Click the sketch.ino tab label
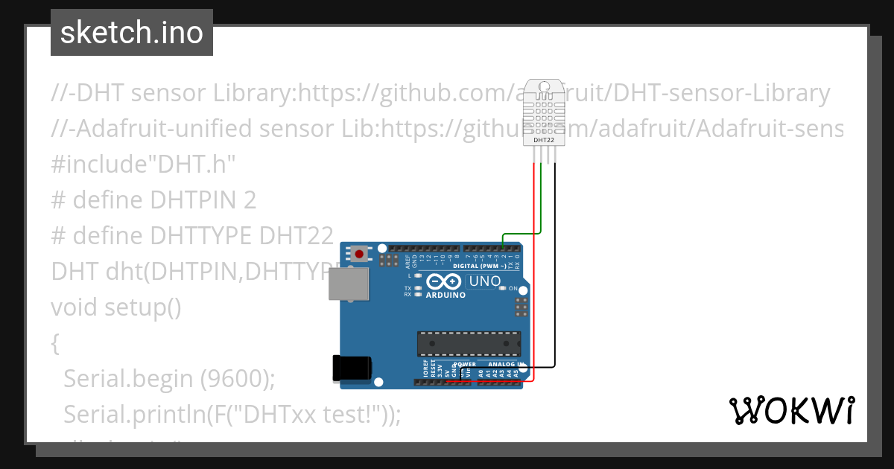tap(132, 33)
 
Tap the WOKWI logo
tap(791, 410)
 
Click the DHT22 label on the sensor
tap(544, 140)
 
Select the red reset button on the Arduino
tap(360, 254)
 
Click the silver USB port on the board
tap(349, 283)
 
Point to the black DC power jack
tap(352, 368)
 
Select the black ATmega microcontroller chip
tap(468, 343)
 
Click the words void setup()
tap(116, 307)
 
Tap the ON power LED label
tap(513, 288)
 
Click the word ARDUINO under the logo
tap(446, 295)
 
